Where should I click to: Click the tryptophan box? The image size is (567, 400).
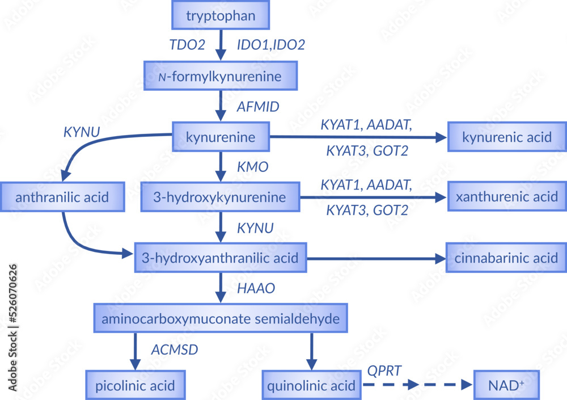220,15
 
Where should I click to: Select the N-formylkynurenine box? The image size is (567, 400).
220,76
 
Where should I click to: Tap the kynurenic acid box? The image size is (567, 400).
506,137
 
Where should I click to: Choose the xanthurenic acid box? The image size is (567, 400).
506,197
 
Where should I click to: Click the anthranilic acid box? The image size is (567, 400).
62,197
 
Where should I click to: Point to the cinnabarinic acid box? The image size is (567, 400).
506,258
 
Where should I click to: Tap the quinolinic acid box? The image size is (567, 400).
311,386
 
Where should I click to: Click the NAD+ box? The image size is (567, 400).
506,386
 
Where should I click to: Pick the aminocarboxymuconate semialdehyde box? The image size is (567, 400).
220,319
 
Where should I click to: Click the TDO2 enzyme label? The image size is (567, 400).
188,45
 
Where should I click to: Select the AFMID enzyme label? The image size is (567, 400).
258,106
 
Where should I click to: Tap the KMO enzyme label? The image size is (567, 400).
252,167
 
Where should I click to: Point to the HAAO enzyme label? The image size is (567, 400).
256,289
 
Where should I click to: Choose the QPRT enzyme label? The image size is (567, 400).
384,370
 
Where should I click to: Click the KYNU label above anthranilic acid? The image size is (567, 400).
82,132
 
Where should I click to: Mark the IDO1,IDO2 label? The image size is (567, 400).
271,45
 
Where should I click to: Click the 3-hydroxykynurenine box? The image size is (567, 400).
220,197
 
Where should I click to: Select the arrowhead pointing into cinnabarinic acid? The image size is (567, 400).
439,258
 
